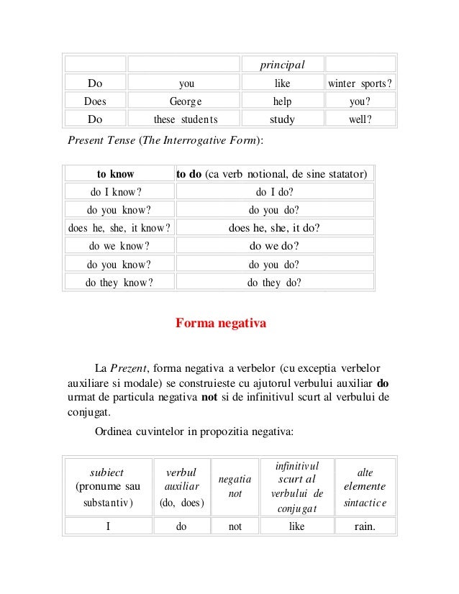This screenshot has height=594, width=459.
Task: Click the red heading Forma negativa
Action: [221, 324]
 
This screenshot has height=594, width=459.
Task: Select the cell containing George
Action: [186, 101]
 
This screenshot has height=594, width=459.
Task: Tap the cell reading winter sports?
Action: [360, 83]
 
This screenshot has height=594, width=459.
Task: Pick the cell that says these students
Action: [186, 119]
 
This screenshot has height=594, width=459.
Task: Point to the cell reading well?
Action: [360, 119]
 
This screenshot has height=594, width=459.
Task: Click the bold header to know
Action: [119, 174]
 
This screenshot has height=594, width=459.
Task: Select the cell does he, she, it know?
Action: [119, 229]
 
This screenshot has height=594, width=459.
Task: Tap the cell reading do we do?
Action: [274, 247]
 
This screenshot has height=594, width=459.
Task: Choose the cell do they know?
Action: [119, 283]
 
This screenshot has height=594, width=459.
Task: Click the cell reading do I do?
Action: [274, 192]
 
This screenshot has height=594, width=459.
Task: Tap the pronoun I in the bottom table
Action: [108, 526]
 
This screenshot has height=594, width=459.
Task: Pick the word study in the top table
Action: [283, 119]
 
